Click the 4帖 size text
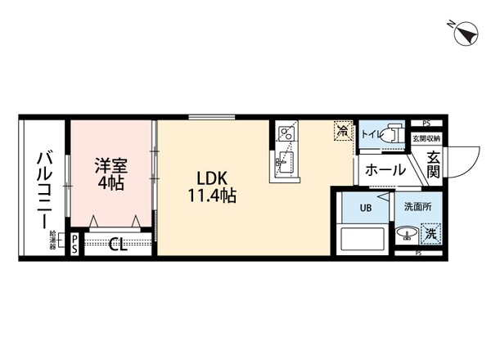click(110, 184)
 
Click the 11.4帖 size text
click(210, 196)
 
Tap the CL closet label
click(119, 243)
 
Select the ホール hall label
click(382, 170)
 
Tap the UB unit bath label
click(361, 208)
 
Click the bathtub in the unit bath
click(361, 240)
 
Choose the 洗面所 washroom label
click(421, 208)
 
